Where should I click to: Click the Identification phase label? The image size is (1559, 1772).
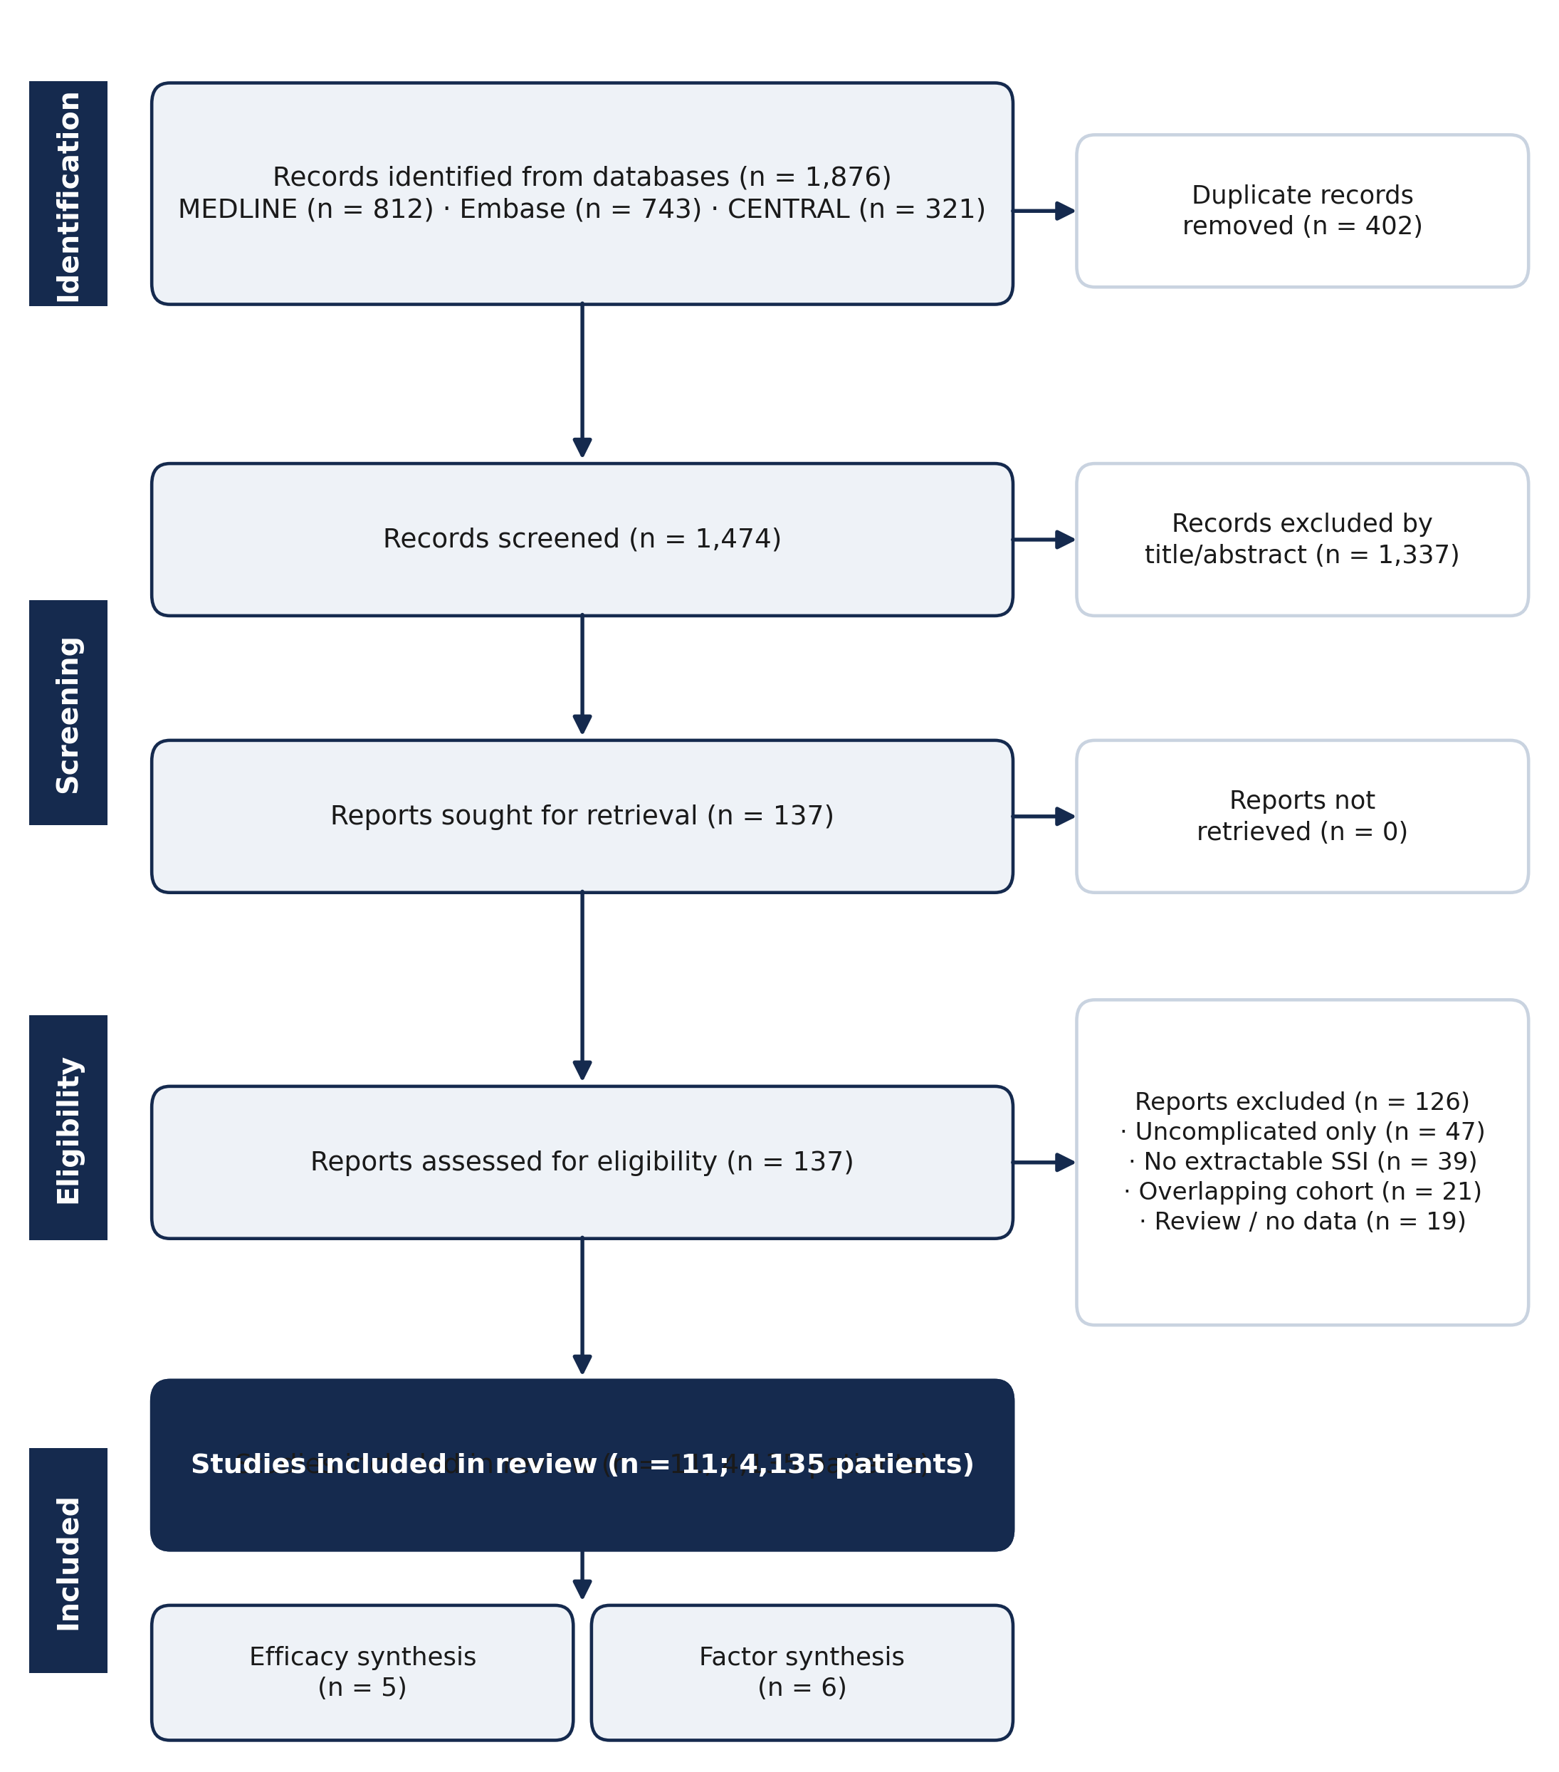[68, 194]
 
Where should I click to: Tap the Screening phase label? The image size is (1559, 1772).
[68, 713]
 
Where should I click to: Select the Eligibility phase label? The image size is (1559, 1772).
[68, 1128]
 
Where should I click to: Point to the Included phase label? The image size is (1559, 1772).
[68, 1561]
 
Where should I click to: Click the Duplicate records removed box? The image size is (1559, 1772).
[1302, 211]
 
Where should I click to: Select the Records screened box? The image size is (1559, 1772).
[582, 539]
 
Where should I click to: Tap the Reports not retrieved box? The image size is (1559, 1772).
[1302, 816]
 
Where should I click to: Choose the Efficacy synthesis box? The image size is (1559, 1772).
[362, 1672]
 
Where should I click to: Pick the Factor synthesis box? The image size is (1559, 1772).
[802, 1672]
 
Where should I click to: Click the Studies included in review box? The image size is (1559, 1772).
[582, 1465]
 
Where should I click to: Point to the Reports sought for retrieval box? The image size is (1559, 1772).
[582, 816]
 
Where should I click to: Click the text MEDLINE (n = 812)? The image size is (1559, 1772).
[305, 210]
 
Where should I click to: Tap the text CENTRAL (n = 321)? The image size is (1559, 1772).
[856, 210]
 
